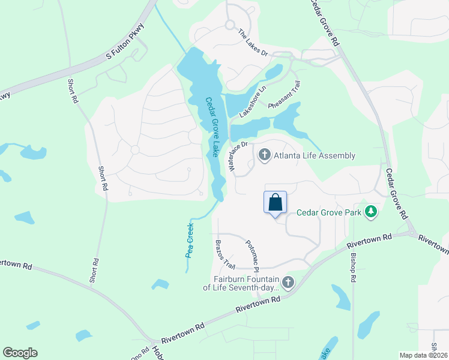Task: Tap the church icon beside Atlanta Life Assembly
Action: click(264, 156)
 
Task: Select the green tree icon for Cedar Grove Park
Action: click(372, 211)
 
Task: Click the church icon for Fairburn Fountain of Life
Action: click(288, 282)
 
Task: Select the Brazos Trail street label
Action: click(224, 254)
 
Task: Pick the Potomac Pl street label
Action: click(252, 255)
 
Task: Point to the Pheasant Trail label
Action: click(283, 94)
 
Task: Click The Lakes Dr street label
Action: click(253, 43)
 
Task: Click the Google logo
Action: click(20, 353)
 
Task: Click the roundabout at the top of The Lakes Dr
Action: click(229, 25)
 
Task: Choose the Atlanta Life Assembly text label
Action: click(315, 156)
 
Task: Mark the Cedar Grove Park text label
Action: click(329, 212)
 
